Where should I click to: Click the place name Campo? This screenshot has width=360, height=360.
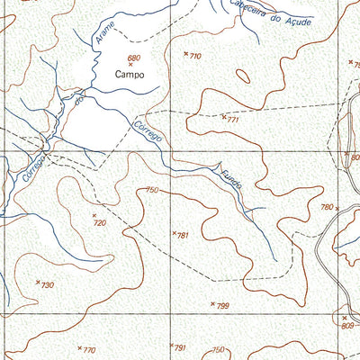tap(131, 76)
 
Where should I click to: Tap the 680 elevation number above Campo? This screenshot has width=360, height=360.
tap(135, 58)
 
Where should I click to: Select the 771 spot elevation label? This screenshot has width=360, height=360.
tap(233, 119)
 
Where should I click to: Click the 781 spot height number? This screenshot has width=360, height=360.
tap(183, 236)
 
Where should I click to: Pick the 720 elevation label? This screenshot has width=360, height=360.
tap(100, 222)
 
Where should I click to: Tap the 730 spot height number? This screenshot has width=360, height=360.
tap(48, 285)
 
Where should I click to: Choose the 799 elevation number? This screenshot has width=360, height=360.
tap(222, 306)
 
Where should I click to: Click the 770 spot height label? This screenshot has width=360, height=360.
tap(88, 350)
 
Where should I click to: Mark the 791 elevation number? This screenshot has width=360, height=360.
tap(179, 347)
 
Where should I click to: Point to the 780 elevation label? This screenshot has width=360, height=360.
tap(327, 207)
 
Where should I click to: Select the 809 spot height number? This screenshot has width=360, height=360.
tap(348, 325)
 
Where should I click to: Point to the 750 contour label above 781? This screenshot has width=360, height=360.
tap(151, 190)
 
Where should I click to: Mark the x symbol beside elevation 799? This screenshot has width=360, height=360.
tap(213, 304)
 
